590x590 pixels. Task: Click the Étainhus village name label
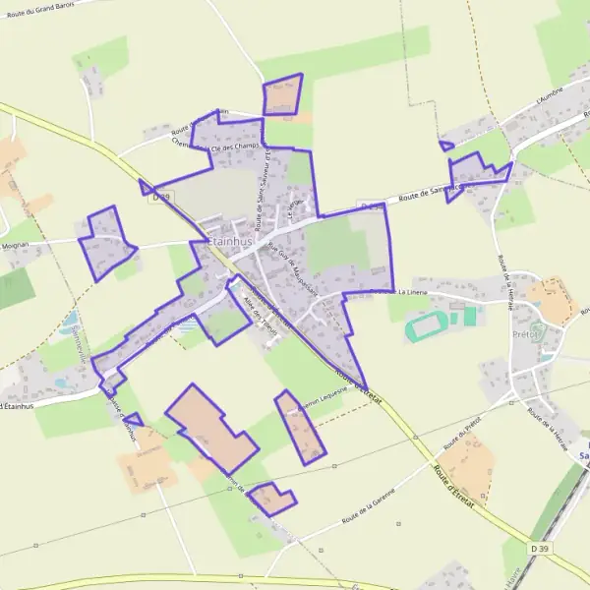[231, 241]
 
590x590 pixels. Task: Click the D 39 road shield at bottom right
[539, 548]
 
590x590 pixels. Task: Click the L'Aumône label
[549, 99]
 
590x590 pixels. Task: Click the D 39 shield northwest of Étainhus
[162, 197]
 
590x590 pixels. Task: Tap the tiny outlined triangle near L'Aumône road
[445, 147]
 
